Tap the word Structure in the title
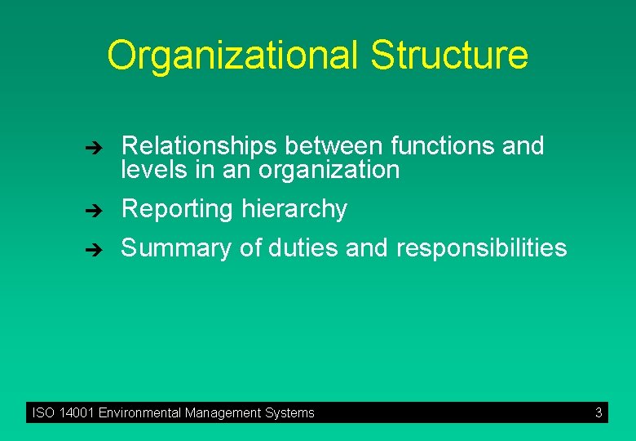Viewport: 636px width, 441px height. coord(448,55)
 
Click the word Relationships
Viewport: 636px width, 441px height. coord(200,146)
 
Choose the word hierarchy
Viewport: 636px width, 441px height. coord(294,210)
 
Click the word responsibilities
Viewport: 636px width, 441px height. coord(481,248)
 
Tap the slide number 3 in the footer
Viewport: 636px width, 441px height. coord(598,413)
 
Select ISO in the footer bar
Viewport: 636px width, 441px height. coord(43,413)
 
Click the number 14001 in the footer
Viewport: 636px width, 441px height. coord(77,413)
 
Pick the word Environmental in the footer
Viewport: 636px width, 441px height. coord(139,413)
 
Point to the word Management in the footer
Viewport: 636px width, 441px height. coord(223,413)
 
